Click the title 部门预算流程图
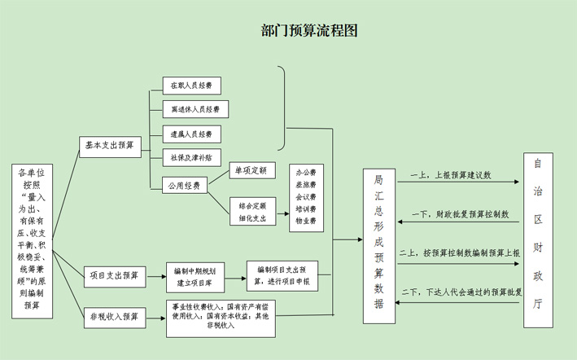[309, 31]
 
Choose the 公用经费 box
[184, 185]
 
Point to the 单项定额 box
[252, 172]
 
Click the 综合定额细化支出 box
[252, 212]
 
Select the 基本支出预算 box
[110, 145]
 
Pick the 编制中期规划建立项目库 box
[195, 275]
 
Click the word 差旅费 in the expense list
[306, 185]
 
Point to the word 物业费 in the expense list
[306, 220]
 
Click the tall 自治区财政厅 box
[537, 240]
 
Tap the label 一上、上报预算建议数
[452, 175]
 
